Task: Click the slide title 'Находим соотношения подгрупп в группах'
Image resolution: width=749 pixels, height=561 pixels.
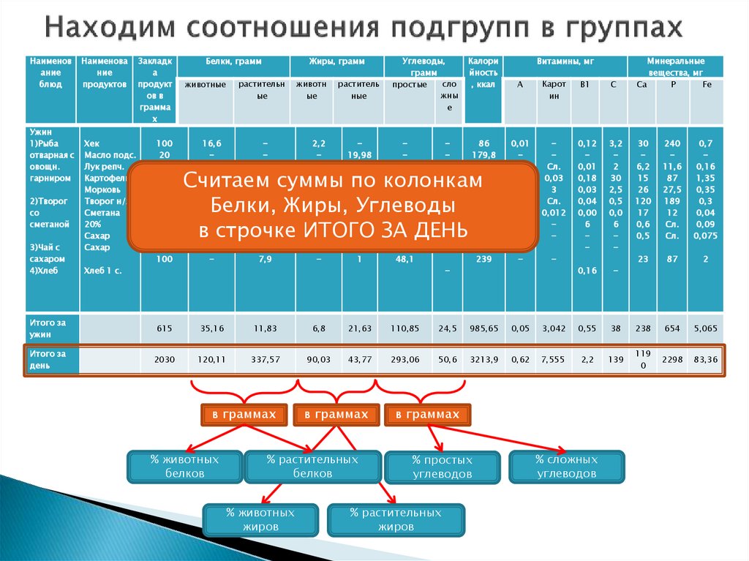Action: [363, 28]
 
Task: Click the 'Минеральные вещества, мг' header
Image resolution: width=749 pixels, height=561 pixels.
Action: [675, 67]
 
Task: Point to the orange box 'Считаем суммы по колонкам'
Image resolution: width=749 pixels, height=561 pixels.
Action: [333, 206]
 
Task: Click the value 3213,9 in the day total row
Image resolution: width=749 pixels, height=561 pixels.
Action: [482, 360]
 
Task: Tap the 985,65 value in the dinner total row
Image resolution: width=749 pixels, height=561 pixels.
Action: [482, 329]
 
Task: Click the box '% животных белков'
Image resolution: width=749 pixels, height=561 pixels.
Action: [184, 467]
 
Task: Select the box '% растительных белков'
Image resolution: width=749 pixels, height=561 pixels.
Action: [312, 467]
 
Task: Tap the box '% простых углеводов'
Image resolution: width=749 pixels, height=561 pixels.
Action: [441, 467]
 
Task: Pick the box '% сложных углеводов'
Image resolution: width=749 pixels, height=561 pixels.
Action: [566, 467]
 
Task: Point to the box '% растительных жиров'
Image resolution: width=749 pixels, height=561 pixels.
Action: [396, 519]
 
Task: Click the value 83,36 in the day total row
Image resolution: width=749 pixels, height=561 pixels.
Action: [706, 360]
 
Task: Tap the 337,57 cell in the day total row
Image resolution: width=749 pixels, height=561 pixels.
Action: [265, 360]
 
